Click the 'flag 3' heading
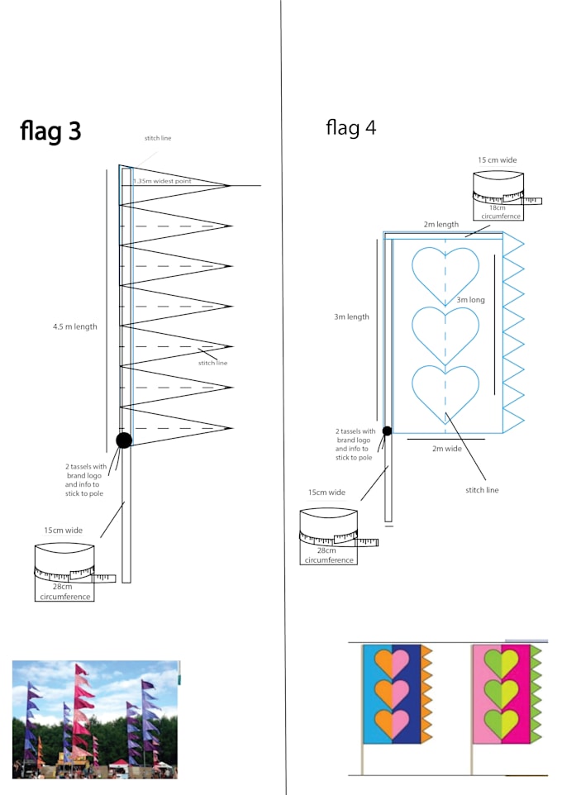pos(50,131)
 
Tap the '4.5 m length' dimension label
pos(74,326)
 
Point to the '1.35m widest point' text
pos(162,181)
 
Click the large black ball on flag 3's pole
pos(124,440)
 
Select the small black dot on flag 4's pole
pos(387,431)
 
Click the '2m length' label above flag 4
pos(441,224)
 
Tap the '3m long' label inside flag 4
pos(470,300)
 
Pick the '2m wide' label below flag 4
pos(446,448)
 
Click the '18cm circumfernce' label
pos(500,212)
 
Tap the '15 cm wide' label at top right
pos(497,159)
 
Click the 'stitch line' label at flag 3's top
pos(158,138)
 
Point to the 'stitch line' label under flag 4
pos(482,490)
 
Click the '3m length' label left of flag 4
pos(351,317)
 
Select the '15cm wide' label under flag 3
pos(63,531)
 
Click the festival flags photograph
pos(95,719)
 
